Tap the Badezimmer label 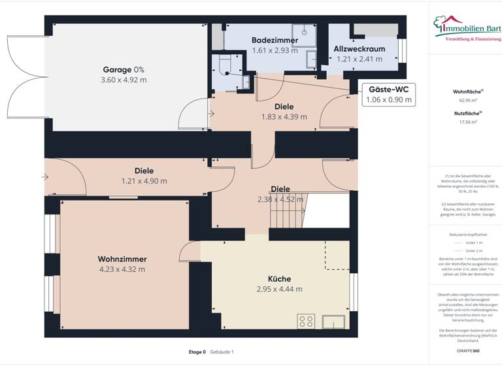[x=275, y=41]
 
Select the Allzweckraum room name [x=359, y=48]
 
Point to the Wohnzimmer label [x=122, y=258]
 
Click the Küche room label [x=279, y=278]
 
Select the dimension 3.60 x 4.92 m [x=124, y=80]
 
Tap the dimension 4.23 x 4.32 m [x=122, y=269]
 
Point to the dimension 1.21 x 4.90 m [x=144, y=181]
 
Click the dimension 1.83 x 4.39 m [x=284, y=117]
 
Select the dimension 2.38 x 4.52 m [x=280, y=199]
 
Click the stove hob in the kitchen [x=306, y=320]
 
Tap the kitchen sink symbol [x=335, y=320]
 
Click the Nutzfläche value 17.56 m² [x=465, y=122]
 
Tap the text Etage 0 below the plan [x=197, y=352]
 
